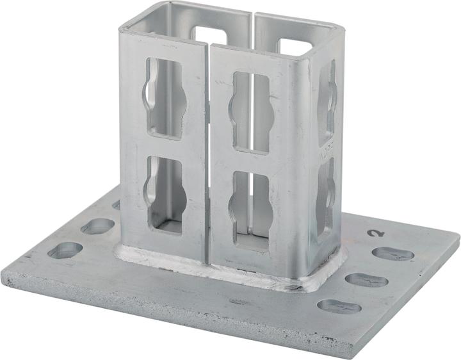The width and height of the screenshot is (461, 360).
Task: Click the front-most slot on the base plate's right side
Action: [x=339, y=306]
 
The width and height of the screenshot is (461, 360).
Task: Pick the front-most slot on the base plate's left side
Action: [x=65, y=250]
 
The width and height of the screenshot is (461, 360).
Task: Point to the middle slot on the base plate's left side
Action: [x=97, y=225]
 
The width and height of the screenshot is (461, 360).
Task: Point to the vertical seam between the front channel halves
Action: [x=208, y=160]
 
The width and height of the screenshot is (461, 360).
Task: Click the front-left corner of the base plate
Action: [x=8, y=276]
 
